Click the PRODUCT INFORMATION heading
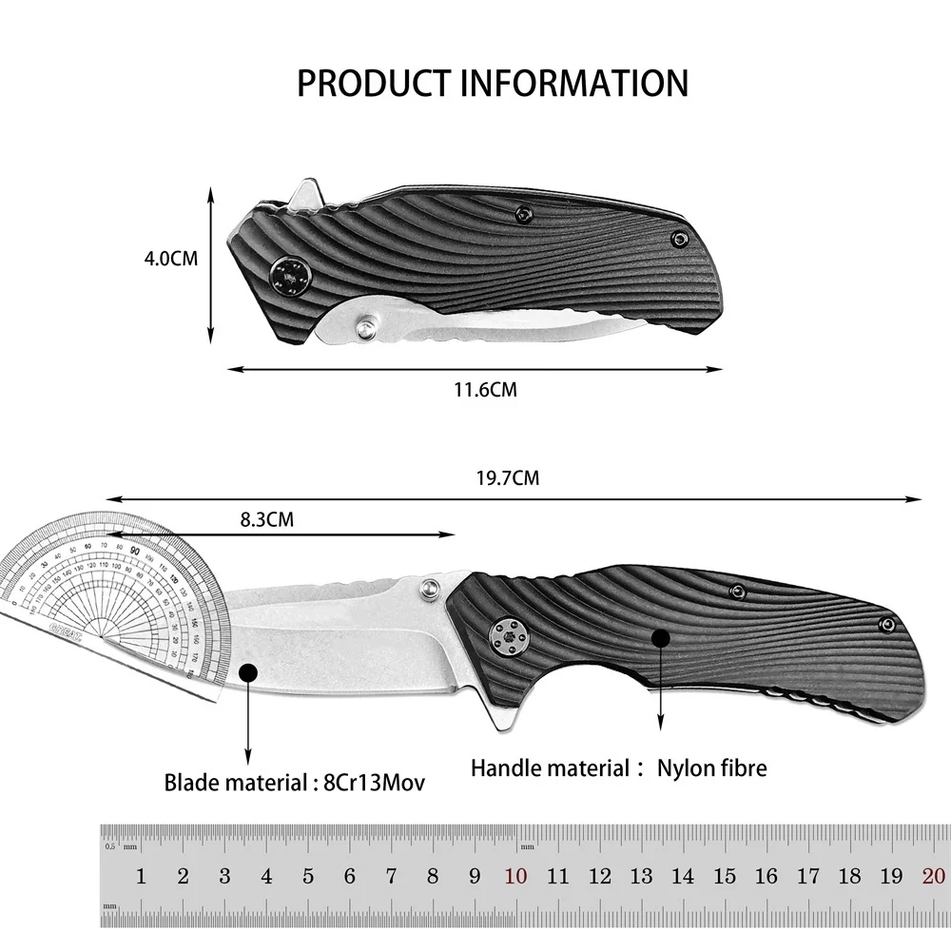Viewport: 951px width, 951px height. click(x=492, y=83)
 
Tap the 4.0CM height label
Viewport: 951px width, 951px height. click(x=170, y=258)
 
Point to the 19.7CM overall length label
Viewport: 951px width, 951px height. click(x=507, y=478)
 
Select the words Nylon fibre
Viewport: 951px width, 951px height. click(x=711, y=767)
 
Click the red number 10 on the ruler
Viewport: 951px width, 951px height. click(x=516, y=876)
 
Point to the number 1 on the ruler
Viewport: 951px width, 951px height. click(x=141, y=876)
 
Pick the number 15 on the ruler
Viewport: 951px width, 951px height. click(x=725, y=876)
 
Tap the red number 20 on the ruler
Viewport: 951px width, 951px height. click(x=933, y=876)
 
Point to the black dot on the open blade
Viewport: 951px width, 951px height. click(x=249, y=671)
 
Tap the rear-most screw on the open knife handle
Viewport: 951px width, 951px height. click(x=887, y=624)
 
